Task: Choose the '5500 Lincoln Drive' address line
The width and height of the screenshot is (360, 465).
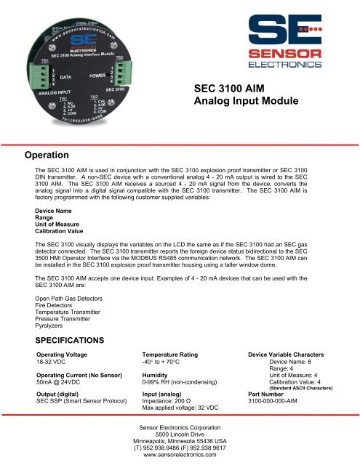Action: click(180, 433)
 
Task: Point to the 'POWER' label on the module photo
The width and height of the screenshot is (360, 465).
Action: click(100, 75)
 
